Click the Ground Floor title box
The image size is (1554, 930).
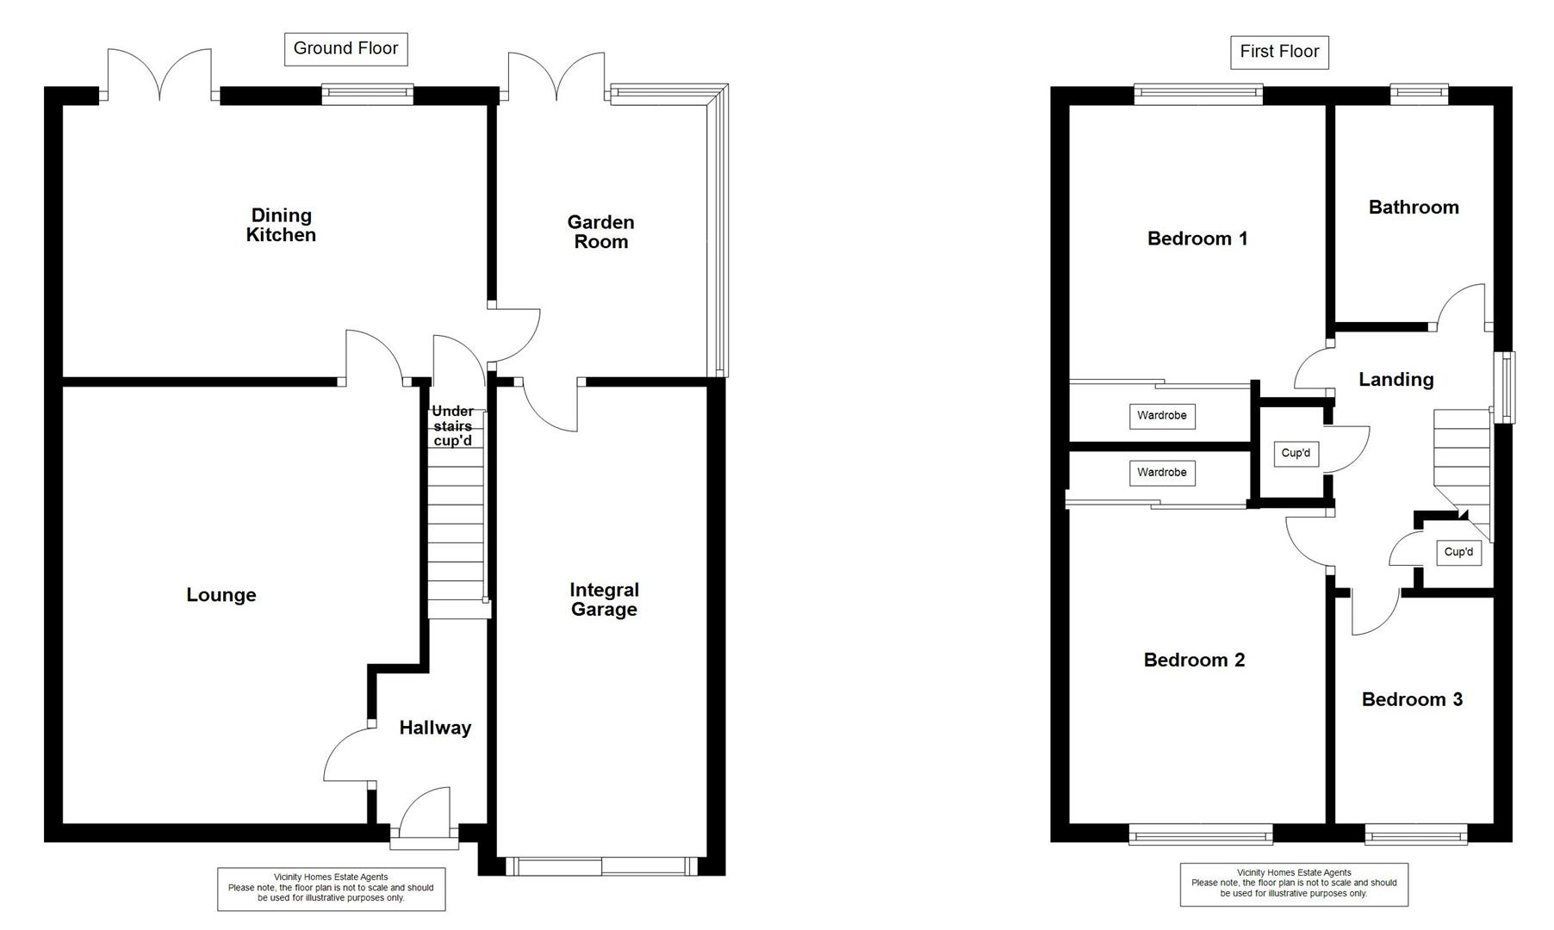[345, 49]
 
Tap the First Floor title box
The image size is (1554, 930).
[1279, 52]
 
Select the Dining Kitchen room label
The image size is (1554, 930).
[281, 225]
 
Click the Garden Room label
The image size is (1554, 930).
[600, 232]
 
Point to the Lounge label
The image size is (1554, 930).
[221, 595]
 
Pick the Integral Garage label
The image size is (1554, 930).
[604, 599]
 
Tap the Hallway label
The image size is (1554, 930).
[435, 728]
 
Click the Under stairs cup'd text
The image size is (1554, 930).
[452, 425]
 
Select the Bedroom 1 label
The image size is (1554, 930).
[1197, 239]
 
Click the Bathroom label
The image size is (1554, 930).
[1414, 207]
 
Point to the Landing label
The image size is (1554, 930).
[1395, 379]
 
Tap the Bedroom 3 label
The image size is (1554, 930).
[1412, 699]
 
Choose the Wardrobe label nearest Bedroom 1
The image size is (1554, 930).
[1161, 416]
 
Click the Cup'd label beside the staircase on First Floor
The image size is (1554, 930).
[1458, 552]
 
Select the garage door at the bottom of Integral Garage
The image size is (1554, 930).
[601, 866]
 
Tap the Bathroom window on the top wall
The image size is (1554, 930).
[1419, 94]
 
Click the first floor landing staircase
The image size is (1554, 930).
[1461, 465]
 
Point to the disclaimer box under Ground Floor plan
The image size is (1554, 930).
[331, 889]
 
